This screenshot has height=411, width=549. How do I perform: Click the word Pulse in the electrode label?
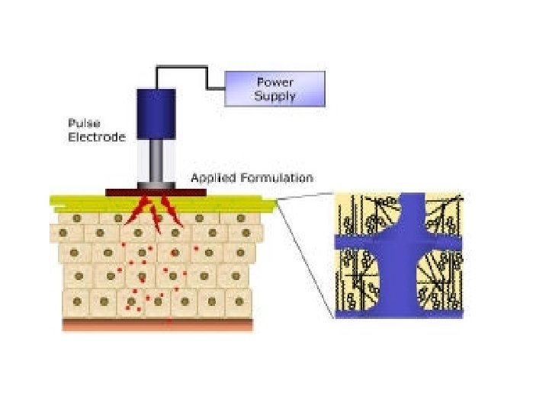83,123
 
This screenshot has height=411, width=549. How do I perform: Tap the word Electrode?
96,137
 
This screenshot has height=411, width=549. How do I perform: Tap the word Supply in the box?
275,96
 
